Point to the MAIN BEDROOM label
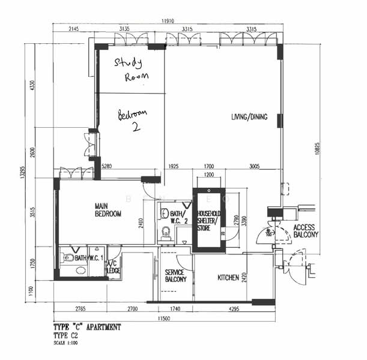108,209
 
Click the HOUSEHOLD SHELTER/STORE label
210,220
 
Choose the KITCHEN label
228,277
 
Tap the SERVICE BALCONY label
176,276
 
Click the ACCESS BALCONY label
306,231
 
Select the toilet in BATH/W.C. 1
68,259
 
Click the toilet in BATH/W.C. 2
166,232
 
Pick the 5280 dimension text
108,166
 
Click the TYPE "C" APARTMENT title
87,328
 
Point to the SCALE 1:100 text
67,343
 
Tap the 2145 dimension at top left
74,29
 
